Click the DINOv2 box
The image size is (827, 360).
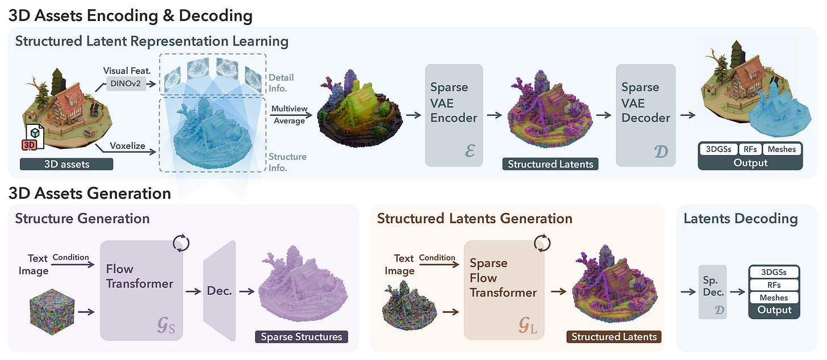tap(126, 85)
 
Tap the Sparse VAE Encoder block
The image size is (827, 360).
tap(454, 115)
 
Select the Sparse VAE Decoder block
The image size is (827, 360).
tap(646, 115)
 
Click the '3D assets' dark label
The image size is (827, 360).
tap(66, 165)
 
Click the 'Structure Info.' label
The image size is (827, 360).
tap(287, 162)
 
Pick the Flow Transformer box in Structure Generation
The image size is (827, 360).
tap(141, 290)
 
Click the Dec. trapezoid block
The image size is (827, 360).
tap(219, 291)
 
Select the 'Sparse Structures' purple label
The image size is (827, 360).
tap(301, 337)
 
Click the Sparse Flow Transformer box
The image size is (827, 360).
tap(504, 290)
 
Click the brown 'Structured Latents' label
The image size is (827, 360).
tap(613, 337)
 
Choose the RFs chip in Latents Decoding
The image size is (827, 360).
tap(774, 284)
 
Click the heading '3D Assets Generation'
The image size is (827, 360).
tap(90, 193)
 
